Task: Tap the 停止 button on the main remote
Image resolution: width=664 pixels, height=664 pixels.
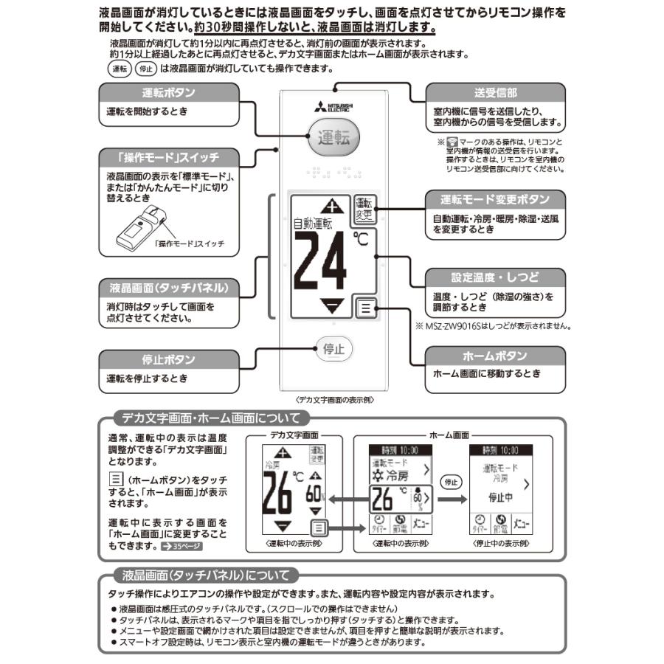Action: coord(333,349)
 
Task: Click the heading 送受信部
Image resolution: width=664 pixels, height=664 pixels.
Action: coord(495,93)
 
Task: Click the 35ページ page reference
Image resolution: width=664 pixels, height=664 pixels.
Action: coord(181,547)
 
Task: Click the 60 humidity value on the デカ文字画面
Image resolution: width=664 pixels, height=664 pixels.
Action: coord(314,493)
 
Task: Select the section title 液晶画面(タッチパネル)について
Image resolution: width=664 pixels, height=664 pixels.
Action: coord(202,575)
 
